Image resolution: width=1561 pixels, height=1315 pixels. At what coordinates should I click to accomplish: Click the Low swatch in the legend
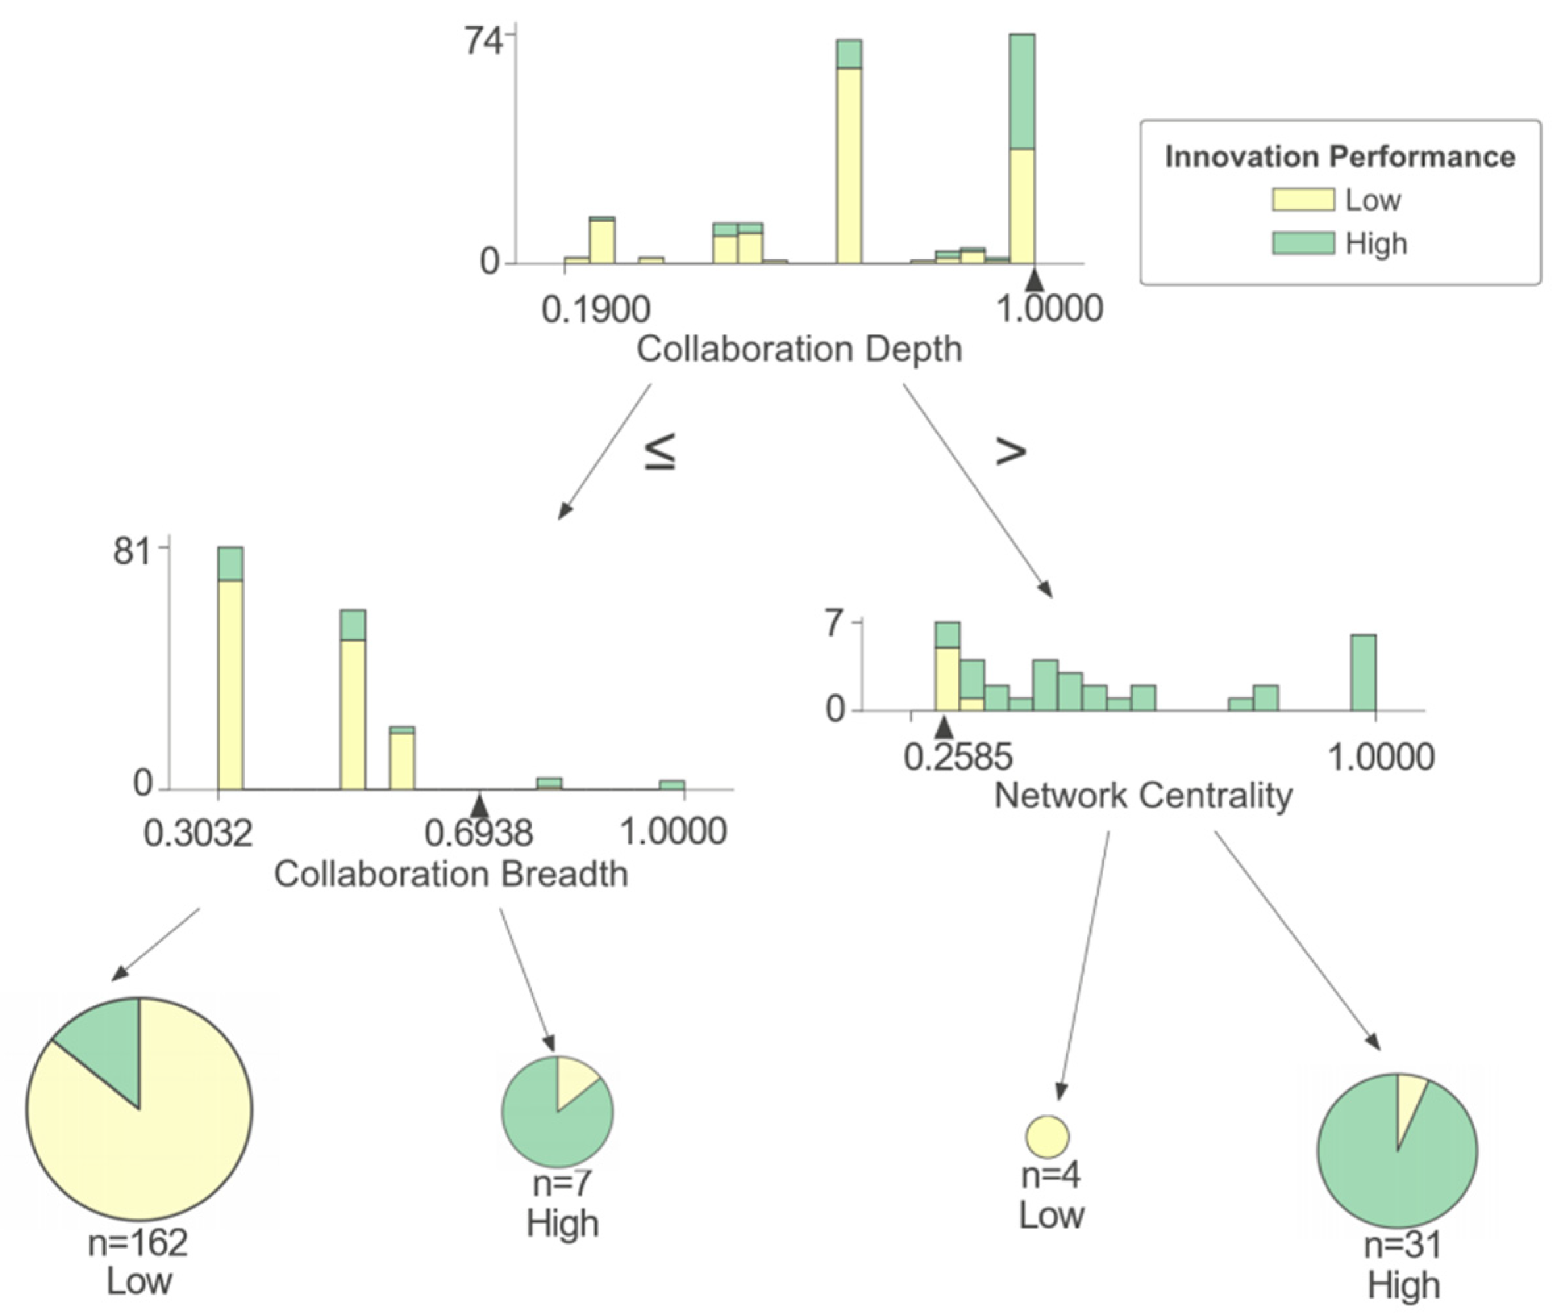pos(1302,199)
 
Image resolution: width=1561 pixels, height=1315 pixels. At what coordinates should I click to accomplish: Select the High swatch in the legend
pos(1302,243)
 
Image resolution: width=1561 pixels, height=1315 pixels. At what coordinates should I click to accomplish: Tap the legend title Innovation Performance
pos(1339,157)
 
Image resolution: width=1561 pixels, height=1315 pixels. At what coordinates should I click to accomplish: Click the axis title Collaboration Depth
pos(799,349)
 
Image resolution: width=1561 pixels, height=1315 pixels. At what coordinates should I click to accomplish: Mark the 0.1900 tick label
pos(595,309)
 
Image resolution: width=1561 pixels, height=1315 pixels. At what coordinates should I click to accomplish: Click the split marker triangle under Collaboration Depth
pos(1033,281)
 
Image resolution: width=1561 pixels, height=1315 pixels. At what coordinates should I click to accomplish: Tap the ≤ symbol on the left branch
pos(660,451)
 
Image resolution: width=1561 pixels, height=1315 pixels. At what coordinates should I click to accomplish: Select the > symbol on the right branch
pos(1011,451)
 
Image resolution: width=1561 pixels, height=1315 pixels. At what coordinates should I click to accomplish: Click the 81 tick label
pos(134,553)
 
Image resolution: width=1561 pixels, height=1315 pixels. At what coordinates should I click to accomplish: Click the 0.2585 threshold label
pos(958,757)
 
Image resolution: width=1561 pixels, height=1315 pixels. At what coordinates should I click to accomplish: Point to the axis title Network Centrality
pos(1143,795)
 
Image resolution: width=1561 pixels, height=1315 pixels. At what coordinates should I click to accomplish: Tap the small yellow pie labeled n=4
pos(1047,1137)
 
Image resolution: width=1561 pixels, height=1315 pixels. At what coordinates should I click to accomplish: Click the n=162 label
pos(138,1243)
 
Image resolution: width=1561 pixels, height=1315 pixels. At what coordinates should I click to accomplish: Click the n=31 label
pos(1402,1245)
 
